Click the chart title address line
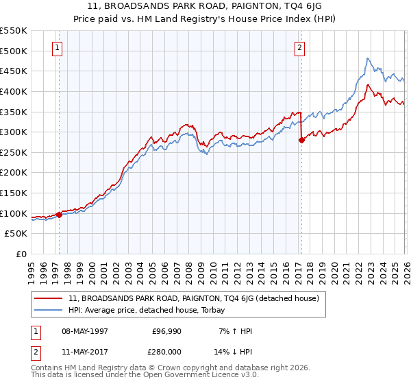coord(205,5)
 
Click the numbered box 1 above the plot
coord(57,47)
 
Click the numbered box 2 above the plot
coord(300,47)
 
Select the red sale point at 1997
coord(59,215)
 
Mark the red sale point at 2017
coord(301,140)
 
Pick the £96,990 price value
coord(167,331)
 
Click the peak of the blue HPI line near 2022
coord(368,58)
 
